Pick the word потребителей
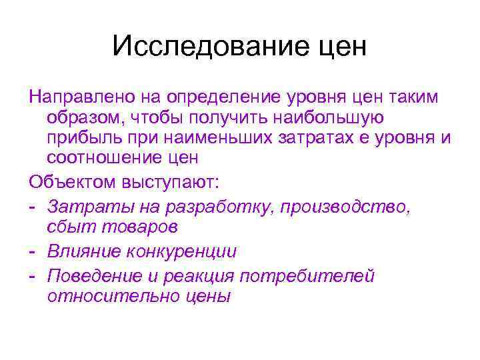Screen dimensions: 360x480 tap(319, 276)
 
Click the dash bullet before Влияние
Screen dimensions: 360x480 tap(33, 252)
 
